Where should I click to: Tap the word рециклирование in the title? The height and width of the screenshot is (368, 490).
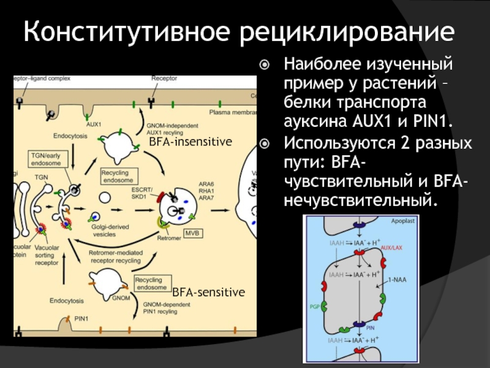pyautogui.click(x=339, y=31)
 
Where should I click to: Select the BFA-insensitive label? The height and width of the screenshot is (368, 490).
pyautogui.click(x=190, y=142)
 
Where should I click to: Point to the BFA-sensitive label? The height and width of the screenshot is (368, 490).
pyautogui.click(x=208, y=291)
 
